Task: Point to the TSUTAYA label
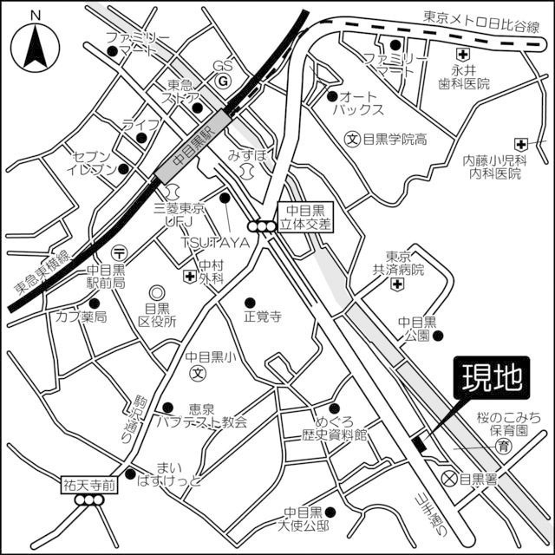[215, 243]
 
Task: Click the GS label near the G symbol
[224, 67]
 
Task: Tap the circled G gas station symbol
[223, 82]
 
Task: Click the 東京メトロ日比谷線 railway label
[482, 16]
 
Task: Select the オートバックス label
[362, 102]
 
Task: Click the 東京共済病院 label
[405, 264]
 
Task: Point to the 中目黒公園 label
[415, 329]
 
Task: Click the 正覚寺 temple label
[263, 317]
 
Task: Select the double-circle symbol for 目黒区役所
[156, 293]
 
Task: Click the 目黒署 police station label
[477, 479]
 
